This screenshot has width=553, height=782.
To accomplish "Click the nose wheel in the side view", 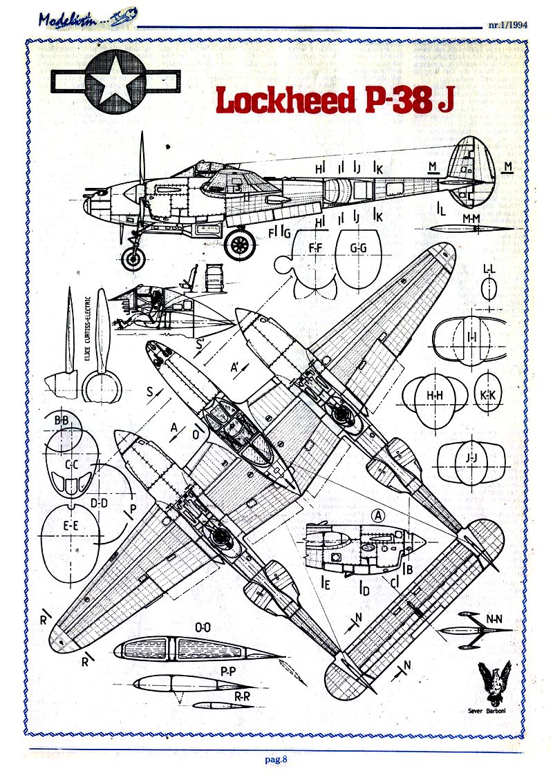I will [x=133, y=260].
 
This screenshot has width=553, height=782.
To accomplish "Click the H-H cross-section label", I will [x=435, y=395].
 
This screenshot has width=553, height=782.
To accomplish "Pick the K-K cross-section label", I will [x=487, y=395].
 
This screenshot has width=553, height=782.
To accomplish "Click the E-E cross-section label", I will [x=70, y=526].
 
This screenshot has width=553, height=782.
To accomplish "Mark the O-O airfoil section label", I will [x=203, y=628].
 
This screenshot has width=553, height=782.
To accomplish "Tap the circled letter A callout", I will [x=377, y=515].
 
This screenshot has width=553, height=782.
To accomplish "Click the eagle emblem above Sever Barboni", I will [x=496, y=684].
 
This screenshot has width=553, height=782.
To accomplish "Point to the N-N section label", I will [x=494, y=619].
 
